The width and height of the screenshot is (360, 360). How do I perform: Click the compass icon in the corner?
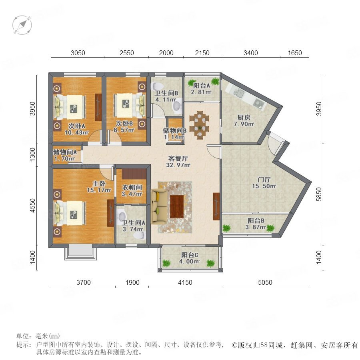(x=22, y=25)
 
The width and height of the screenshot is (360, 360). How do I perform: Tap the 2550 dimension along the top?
(x=126, y=53)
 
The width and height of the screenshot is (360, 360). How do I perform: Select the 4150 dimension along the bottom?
(x=185, y=282)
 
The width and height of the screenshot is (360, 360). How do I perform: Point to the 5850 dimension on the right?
(x=319, y=194)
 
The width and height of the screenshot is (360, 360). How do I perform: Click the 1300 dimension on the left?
(x=33, y=154)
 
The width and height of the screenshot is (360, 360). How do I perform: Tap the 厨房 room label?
(x=244, y=118)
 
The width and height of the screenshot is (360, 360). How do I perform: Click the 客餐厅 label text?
(x=178, y=158)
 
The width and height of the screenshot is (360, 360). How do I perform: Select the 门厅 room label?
(x=264, y=180)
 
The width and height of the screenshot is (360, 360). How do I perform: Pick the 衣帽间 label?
(x=132, y=188)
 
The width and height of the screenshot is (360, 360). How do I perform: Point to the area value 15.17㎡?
(x=99, y=190)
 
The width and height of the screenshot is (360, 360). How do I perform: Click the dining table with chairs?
(x=199, y=125)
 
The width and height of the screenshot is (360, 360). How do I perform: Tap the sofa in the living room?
(x=159, y=206)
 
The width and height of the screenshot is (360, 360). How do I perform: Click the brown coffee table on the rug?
(x=177, y=207)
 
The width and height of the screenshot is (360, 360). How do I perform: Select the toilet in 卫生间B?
(x=157, y=86)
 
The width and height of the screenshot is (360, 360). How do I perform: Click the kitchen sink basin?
(x=239, y=93)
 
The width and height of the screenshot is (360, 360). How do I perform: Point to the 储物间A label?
(x=65, y=152)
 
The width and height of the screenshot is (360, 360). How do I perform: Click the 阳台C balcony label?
(x=190, y=255)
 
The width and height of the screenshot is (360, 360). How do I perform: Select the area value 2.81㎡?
(x=201, y=92)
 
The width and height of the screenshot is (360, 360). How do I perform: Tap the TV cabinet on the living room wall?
(x=216, y=206)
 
